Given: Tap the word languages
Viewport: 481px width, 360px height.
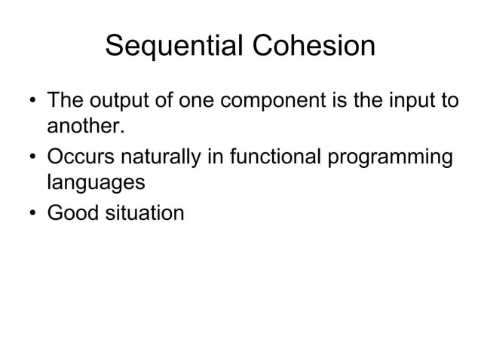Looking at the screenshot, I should coord(96,183).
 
